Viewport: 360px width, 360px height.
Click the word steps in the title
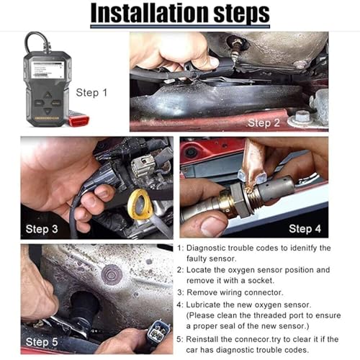pos(241,14)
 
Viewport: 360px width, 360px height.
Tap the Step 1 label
pos(91,93)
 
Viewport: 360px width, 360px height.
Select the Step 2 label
pos(264,123)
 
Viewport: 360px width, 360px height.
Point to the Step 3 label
pos(42,229)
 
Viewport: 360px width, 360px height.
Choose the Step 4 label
pos(305,229)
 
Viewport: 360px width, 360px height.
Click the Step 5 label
pos(42,342)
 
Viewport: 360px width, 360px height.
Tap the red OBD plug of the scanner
pos(78,120)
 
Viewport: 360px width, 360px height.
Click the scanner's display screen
pos(48,69)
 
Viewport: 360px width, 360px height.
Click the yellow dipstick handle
pos(139,204)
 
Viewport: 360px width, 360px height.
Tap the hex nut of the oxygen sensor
pos(240,201)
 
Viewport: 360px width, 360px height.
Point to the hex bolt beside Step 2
pos(302,117)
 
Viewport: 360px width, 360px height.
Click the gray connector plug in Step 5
pos(158,331)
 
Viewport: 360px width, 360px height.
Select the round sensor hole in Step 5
pos(84,304)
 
